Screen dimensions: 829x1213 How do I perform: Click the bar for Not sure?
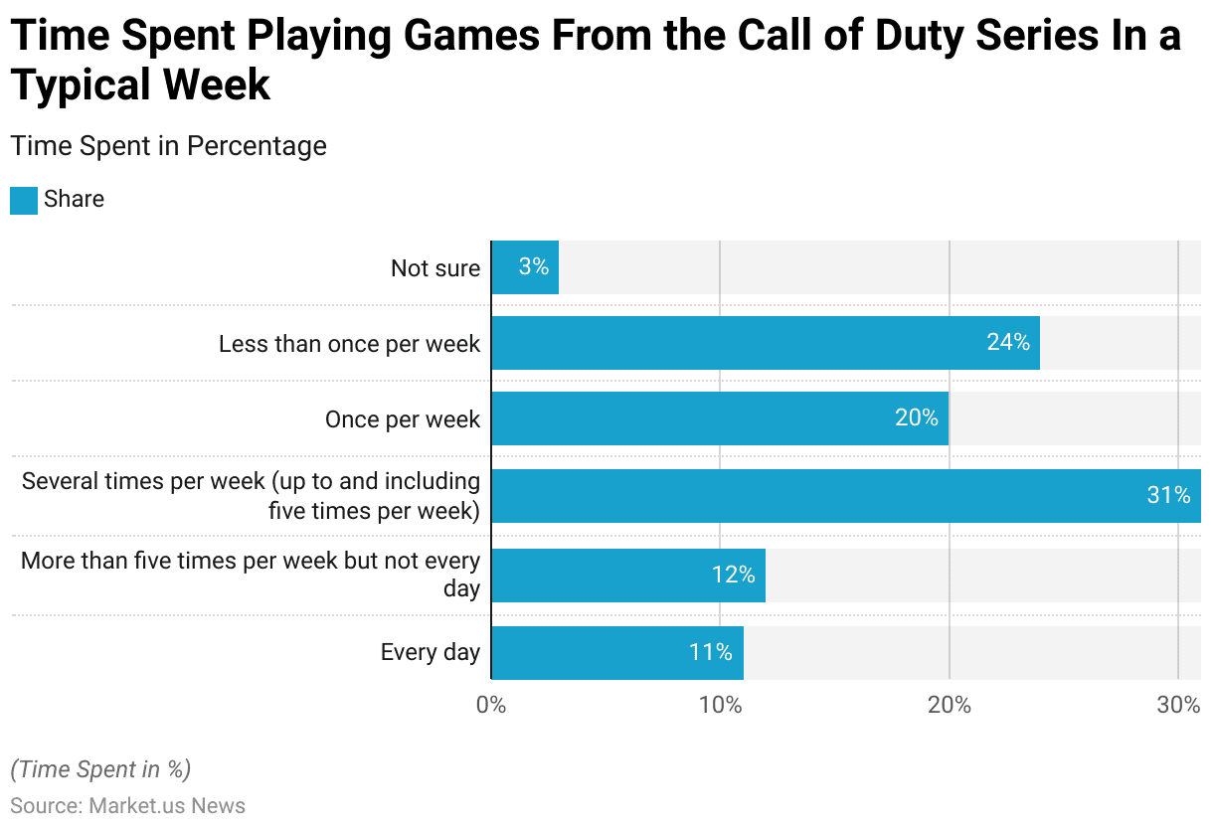click(525, 267)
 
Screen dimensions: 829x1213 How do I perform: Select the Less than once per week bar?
click(765, 343)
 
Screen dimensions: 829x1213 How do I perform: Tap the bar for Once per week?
click(719, 418)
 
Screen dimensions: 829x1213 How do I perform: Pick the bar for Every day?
click(616, 653)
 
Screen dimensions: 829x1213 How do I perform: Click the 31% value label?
click(1168, 495)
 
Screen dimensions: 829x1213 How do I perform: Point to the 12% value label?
click(733, 575)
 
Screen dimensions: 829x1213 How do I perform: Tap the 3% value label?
click(533, 266)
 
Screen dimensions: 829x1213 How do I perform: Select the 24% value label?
click(1008, 343)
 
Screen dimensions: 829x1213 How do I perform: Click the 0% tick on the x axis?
click(491, 706)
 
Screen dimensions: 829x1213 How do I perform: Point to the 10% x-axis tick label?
click(720, 706)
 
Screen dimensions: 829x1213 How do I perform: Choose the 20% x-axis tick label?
click(950, 706)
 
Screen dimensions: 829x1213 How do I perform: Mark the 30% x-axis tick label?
click(1178, 706)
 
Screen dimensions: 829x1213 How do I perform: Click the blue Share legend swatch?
click(24, 200)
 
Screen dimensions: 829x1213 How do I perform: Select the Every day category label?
click(430, 653)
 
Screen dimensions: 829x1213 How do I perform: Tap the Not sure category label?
click(434, 268)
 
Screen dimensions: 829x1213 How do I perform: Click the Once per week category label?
click(402, 419)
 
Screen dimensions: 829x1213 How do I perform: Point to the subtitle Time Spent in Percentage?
click(168, 146)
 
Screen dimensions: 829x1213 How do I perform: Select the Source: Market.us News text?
click(127, 805)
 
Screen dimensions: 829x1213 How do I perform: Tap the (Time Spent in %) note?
click(100, 769)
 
